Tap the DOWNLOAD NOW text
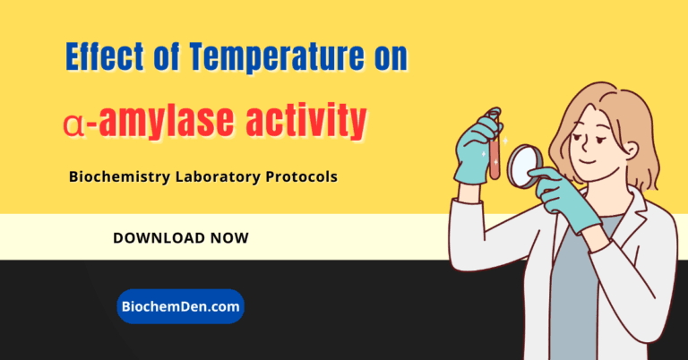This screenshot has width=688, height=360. coord(181,238)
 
